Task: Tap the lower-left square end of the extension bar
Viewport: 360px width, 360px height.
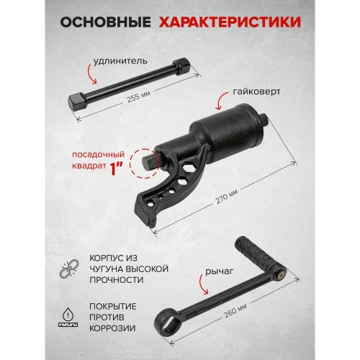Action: point(78,100)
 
